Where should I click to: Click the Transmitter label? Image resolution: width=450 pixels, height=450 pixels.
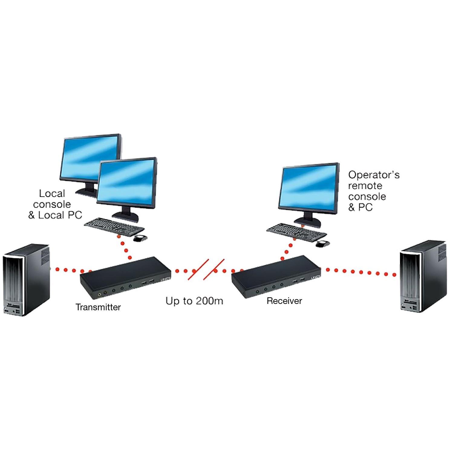[98, 307]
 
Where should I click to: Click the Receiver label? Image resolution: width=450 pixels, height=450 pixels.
[284, 301]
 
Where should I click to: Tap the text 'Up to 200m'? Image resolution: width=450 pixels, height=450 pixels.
[194, 301]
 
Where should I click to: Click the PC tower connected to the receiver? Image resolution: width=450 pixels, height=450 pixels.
[423, 277]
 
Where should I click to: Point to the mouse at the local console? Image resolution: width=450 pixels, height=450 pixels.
[140, 238]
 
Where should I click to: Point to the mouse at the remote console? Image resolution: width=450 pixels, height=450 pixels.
[322, 243]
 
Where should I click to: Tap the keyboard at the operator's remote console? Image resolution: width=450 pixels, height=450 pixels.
[296, 232]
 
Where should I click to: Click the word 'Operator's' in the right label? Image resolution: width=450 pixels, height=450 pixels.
[374, 175]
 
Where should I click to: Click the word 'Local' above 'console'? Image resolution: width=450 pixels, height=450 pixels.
[52, 194]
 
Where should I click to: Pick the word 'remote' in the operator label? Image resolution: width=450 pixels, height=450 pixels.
[365, 186]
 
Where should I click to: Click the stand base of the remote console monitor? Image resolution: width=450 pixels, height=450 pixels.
[308, 223]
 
